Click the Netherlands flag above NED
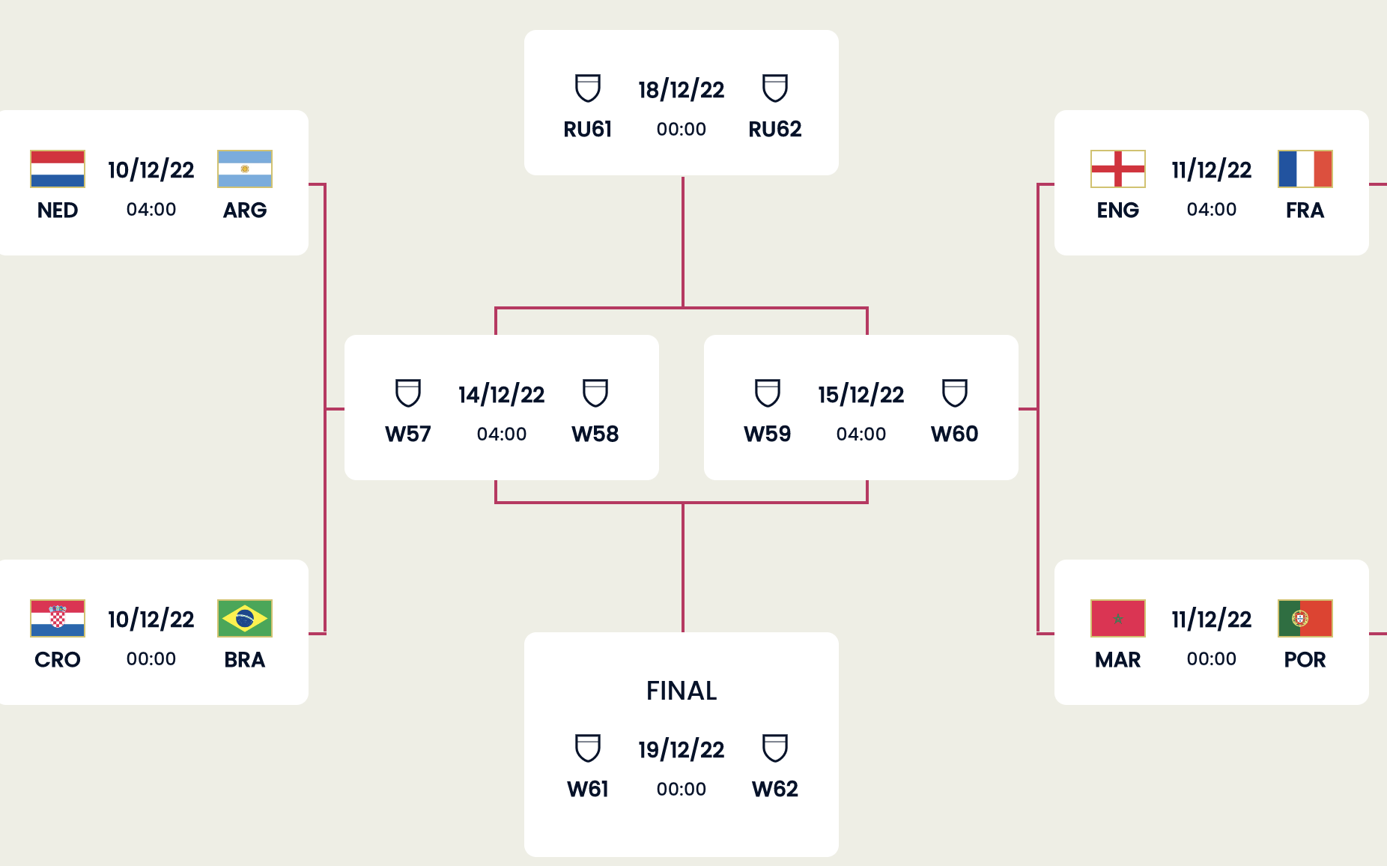coord(58,169)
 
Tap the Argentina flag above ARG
coord(245,169)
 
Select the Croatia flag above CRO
coord(58,618)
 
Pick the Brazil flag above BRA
coord(245,618)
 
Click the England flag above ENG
coord(1118,169)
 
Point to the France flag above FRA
coord(1305,169)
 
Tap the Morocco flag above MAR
coord(1118,618)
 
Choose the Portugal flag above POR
coord(1305,618)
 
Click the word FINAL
coord(682,690)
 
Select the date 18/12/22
coord(682,90)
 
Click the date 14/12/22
coord(502,395)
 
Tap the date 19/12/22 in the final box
coord(682,749)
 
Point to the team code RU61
coord(588,129)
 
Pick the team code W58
coord(595,434)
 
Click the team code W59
coord(768,434)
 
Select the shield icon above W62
coord(775,748)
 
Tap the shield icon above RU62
coord(775,88)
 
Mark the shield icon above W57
coord(408,393)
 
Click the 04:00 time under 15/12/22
coord(861,434)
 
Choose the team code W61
coord(588,789)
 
